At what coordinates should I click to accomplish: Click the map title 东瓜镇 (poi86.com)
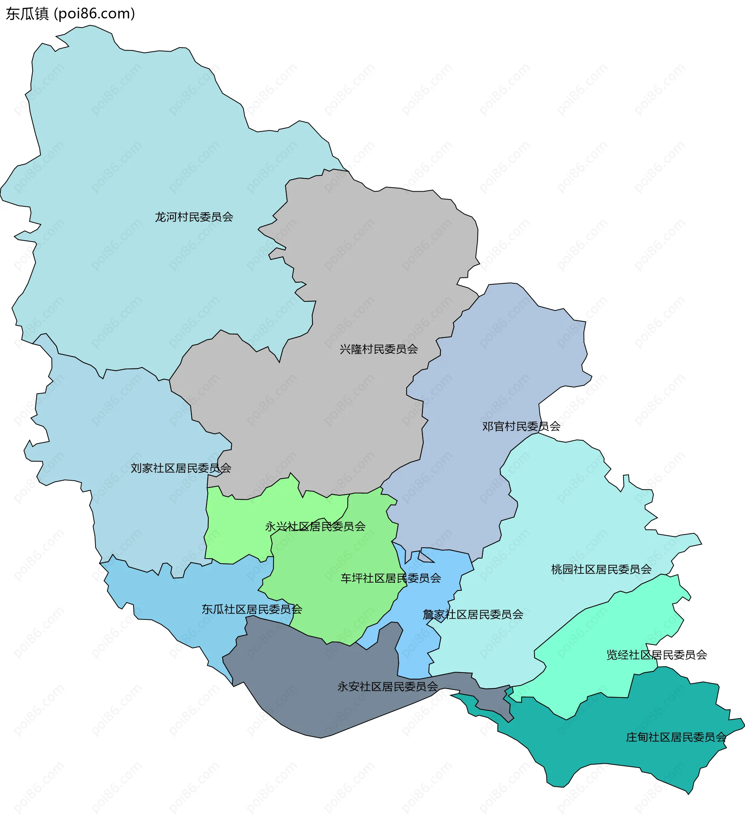coord(70,14)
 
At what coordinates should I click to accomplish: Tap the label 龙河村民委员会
coord(194,217)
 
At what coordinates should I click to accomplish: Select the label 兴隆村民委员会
coord(378,349)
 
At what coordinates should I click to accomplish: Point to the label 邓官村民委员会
coord(521,426)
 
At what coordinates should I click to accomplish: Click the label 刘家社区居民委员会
coord(181,468)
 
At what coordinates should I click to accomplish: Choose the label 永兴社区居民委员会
coord(315,527)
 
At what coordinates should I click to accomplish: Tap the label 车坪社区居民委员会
coord(391,578)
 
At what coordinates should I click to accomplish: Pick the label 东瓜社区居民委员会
coord(252,609)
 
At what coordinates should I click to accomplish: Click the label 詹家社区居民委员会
coord(473,614)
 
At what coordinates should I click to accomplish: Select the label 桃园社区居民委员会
coord(601,569)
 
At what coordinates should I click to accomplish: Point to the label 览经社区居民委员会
coord(656,654)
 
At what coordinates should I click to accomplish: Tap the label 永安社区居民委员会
coord(387,687)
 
